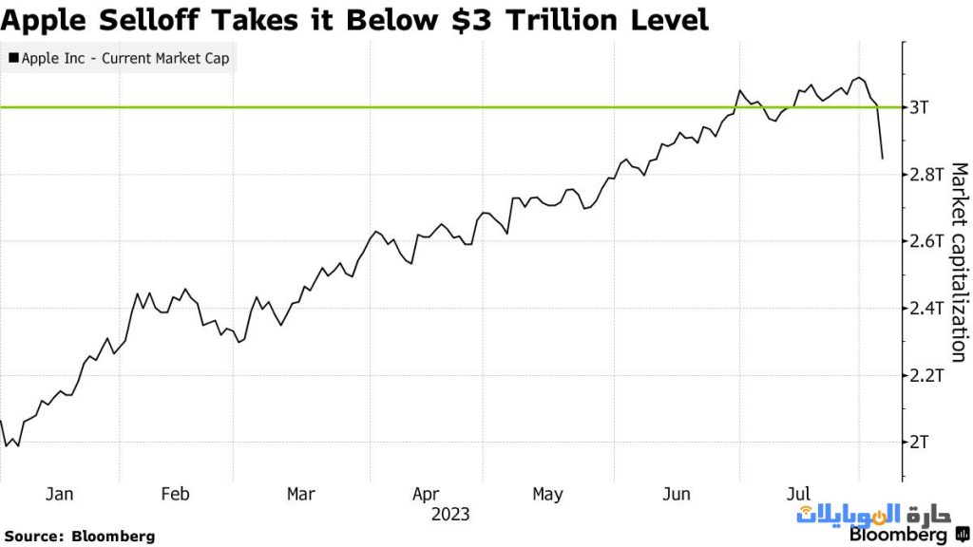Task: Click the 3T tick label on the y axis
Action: tap(919, 107)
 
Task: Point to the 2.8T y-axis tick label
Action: tap(925, 175)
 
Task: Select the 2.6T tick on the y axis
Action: tap(925, 241)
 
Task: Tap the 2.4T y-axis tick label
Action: tap(925, 309)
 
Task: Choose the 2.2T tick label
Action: tap(925, 375)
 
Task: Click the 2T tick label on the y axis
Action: tap(919, 443)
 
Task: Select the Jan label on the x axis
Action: tap(59, 494)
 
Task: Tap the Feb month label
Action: tap(176, 494)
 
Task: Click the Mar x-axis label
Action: tap(300, 494)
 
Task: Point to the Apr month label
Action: tap(426, 494)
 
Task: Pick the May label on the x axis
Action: tap(547, 494)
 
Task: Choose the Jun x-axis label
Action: tap(676, 494)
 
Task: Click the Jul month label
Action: tap(799, 494)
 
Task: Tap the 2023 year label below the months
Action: tap(449, 515)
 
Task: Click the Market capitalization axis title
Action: tap(958, 261)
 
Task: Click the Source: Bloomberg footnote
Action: tap(79, 536)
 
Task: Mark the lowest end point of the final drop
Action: tap(883, 159)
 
